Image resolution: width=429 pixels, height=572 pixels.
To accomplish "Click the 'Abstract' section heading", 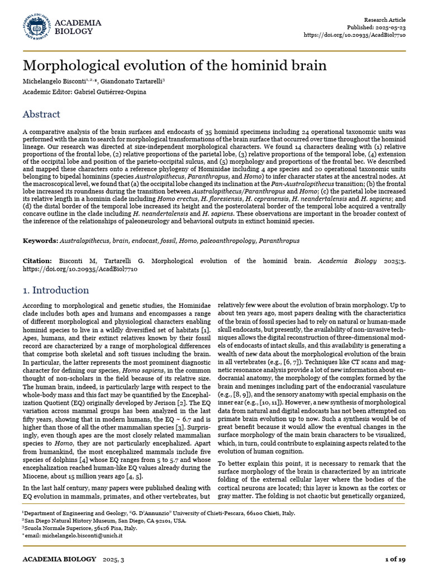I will pyautogui.click(x=41, y=115).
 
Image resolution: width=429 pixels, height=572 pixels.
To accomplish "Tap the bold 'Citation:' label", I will pyautogui.click(x=37, y=261).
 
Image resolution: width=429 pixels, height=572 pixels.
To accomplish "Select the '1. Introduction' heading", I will pyautogui.click(x=55, y=290).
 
